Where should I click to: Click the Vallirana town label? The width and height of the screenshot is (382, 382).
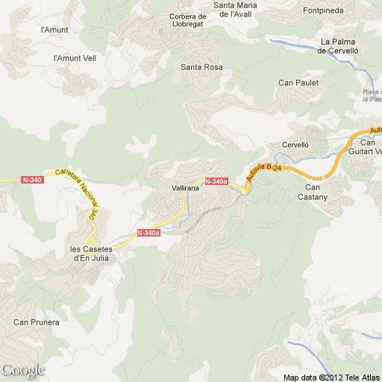(184, 190)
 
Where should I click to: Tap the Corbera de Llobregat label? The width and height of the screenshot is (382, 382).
(188, 21)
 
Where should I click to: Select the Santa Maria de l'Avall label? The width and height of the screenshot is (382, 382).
(236, 9)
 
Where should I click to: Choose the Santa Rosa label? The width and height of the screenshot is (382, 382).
(201, 67)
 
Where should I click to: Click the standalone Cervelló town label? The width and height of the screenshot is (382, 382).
(295, 145)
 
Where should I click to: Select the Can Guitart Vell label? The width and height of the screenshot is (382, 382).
(369, 147)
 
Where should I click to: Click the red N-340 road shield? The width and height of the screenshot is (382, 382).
(32, 180)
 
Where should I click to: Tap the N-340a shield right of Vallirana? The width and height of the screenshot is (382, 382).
(216, 181)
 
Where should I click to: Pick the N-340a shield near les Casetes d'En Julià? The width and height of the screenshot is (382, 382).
(148, 233)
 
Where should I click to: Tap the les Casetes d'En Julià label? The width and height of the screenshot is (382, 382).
(90, 253)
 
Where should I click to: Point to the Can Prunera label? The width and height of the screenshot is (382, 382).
(36, 322)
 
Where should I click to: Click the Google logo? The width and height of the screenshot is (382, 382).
(23, 370)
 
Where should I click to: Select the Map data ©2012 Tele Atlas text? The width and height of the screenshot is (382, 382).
(331, 377)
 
